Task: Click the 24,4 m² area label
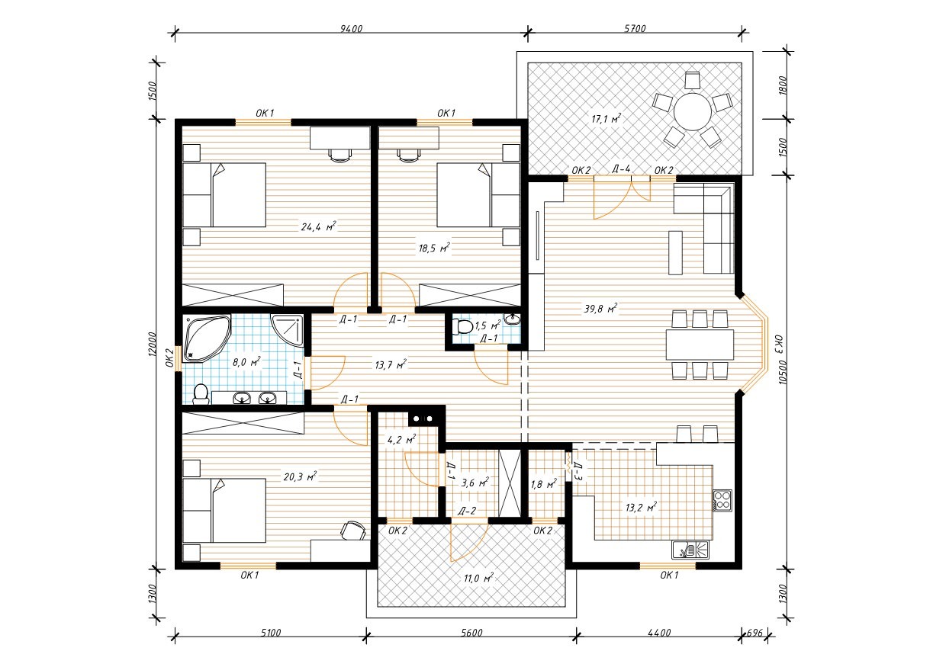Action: coord(318,226)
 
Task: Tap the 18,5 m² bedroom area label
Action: coord(434,248)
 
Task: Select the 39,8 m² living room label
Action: coord(600,309)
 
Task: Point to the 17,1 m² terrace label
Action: coord(606,119)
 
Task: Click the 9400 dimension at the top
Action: coord(352,29)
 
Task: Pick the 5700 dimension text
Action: coord(635,29)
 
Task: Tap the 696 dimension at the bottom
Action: coord(755,633)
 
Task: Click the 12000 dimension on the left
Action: coord(153,345)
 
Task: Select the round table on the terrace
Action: coord(693,111)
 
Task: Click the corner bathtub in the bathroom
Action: coord(207,338)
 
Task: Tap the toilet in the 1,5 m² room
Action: coord(462,326)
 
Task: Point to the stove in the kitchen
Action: coord(722,500)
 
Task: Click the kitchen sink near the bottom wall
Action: coord(690,550)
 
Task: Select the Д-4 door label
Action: coord(621,168)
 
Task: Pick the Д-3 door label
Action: coord(579,472)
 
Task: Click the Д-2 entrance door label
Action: coord(467,511)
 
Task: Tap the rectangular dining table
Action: coord(700,345)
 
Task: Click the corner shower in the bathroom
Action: coord(287,331)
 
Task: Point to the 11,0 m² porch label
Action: coord(478,578)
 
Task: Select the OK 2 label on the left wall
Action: coord(169,358)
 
